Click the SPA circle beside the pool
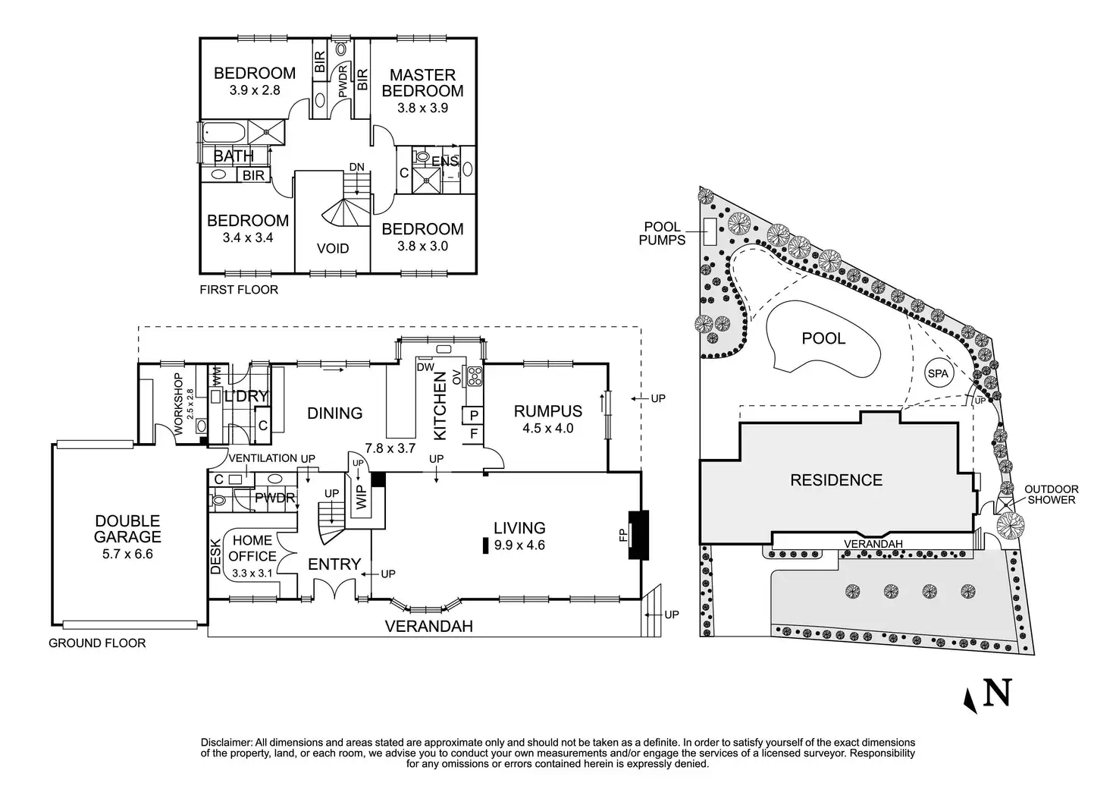click(x=938, y=373)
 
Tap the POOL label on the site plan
click(x=823, y=338)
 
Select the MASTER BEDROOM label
click(x=422, y=83)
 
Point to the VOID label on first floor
click(x=332, y=248)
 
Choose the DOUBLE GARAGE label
click(x=127, y=529)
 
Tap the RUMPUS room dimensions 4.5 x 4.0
click(x=548, y=428)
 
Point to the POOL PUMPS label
click(x=664, y=233)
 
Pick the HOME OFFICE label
click(x=252, y=548)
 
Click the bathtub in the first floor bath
click(x=224, y=134)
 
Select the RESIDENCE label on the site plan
click(x=836, y=479)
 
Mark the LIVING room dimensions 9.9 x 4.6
click(x=519, y=545)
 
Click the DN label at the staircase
click(x=356, y=167)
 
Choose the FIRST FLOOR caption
click(x=238, y=289)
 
